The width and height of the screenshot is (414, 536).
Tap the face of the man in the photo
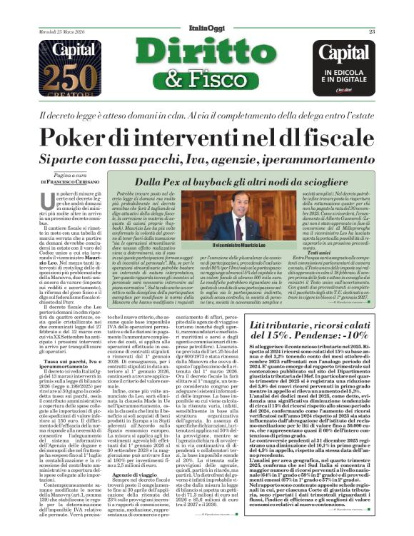(241, 213)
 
